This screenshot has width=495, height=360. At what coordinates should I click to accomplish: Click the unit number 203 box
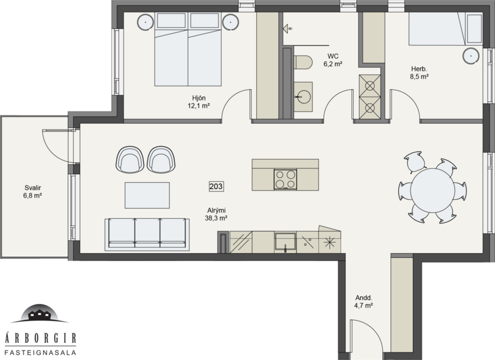(216, 186)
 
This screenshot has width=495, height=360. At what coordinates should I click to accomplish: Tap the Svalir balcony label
(33, 192)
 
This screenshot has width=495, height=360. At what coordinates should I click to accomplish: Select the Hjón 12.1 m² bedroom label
(198, 102)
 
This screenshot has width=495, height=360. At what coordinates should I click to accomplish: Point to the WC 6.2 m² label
(333, 60)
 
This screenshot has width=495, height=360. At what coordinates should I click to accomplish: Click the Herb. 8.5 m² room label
(418, 72)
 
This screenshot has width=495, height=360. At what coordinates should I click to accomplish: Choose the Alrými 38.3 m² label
(216, 215)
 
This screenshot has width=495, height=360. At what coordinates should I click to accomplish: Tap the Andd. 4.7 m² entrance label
(364, 301)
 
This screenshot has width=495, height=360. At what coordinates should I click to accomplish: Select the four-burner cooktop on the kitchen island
(285, 179)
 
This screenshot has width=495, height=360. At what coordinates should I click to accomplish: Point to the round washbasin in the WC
(303, 96)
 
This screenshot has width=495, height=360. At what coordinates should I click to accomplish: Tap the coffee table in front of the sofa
(148, 195)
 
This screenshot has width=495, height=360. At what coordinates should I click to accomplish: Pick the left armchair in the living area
(130, 160)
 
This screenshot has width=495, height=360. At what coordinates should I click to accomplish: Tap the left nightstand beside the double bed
(145, 22)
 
